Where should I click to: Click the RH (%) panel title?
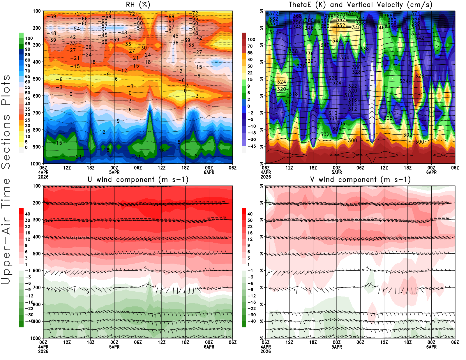point(138,5)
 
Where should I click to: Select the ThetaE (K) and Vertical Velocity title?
point(360,5)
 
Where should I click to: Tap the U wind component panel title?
point(138,179)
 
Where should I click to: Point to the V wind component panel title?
point(360,179)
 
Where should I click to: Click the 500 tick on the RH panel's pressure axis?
point(37,79)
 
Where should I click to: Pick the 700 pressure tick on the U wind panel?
point(37,287)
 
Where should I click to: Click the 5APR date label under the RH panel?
point(114,172)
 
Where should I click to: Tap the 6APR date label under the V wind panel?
point(431,347)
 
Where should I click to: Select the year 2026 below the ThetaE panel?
point(266,177)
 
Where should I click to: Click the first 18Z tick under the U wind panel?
point(91,342)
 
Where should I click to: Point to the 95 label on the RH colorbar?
point(27,44)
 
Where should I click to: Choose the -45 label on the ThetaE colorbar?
point(251,146)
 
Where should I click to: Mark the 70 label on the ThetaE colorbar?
point(250,46)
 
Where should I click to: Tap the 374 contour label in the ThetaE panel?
point(416,13)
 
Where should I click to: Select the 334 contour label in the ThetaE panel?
point(345,57)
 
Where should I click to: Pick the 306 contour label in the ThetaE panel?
point(341,123)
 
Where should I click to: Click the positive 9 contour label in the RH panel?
point(118,121)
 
